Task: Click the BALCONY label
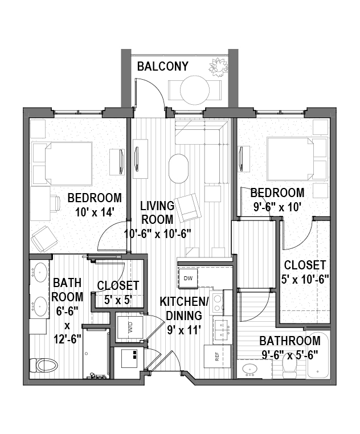[x=163, y=67]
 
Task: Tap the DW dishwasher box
[x=189, y=278]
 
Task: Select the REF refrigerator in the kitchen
[x=218, y=356]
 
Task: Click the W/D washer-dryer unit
[x=130, y=327]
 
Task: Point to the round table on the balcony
[x=195, y=90]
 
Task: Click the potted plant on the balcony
[x=219, y=67]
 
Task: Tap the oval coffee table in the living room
[x=179, y=168]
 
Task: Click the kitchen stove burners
[x=218, y=304]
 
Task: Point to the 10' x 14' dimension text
[x=95, y=212]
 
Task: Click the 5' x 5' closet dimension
[x=118, y=300]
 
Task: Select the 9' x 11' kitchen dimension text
[x=184, y=330]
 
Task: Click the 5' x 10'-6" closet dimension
[x=305, y=280]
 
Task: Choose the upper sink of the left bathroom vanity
[x=40, y=272]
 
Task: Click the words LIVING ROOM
[x=157, y=212]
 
